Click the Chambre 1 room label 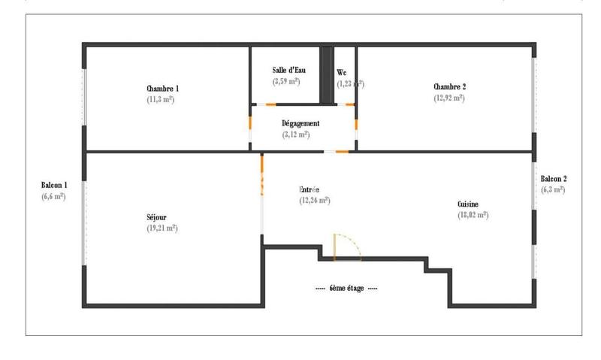162,89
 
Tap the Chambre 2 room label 449,87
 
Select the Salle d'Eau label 286,70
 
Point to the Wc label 341,72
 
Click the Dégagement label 300,123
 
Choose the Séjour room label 156,217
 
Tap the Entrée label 310,190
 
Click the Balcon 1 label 54,185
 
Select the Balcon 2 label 554,179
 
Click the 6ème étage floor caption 346,288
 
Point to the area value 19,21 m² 162,228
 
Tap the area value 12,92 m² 449,98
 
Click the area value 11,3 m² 161,99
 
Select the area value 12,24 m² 315,201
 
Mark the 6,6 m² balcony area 53,196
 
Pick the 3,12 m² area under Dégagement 296,135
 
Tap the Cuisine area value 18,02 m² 473,215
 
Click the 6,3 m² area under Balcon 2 554,190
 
